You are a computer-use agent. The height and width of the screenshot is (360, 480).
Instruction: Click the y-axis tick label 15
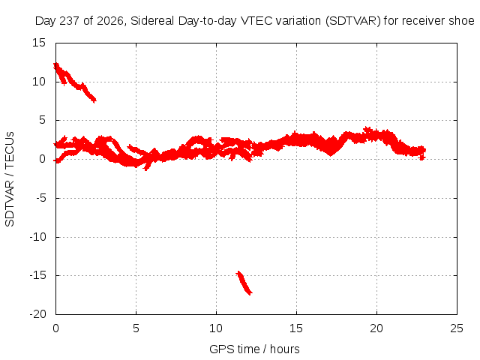[x=39, y=43]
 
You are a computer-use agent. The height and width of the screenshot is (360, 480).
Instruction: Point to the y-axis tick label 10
[x=39, y=82]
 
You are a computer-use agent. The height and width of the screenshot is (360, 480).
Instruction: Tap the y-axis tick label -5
[x=40, y=198]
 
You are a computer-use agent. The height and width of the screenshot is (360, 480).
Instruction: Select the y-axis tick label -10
[x=37, y=237]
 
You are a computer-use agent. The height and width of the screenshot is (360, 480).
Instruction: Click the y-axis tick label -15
[x=37, y=275]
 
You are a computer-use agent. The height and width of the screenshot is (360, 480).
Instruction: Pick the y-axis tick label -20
[x=37, y=314]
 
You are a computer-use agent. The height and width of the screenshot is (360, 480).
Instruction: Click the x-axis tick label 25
[x=457, y=328]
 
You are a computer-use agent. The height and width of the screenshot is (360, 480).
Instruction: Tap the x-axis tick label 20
[x=376, y=328]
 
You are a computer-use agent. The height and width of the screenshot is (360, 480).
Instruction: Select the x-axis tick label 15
[x=296, y=328]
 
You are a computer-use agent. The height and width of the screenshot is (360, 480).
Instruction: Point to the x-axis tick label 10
[x=216, y=328]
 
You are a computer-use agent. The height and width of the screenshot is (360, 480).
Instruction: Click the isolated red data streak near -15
[x=244, y=283]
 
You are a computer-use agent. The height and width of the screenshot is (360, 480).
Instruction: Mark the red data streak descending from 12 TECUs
[x=74, y=83]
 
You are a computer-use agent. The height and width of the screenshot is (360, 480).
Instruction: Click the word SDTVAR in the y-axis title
[x=10, y=203]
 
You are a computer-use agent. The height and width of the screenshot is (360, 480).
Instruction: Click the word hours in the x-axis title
[x=285, y=349]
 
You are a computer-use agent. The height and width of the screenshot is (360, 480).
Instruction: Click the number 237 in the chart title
[x=70, y=21]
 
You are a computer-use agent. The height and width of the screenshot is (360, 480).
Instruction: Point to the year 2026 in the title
[x=110, y=22]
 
